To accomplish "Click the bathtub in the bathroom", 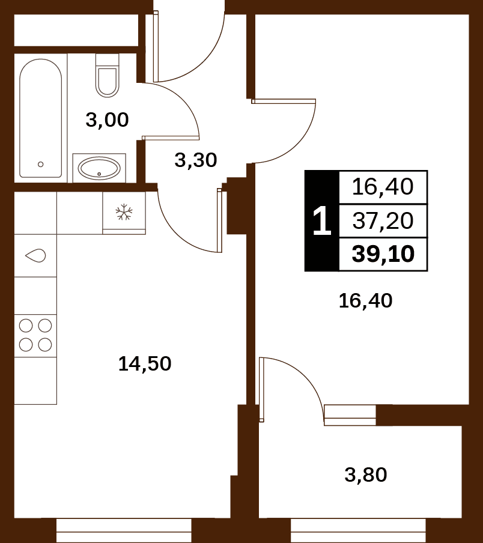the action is pyautogui.click(x=40, y=118).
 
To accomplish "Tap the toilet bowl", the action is pyautogui.click(x=108, y=82).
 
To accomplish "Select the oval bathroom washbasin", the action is pyautogui.click(x=99, y=168).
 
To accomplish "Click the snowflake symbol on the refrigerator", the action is pyautogui.click(x=124, y=212).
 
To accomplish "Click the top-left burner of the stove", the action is pyautogui.click(x=26, y=326).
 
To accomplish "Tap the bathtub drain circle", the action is pyautogui.click(x=40, y=165).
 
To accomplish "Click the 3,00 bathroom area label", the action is pyautogui.click(x=107, y=120).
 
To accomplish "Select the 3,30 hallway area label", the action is pyautogui.click(x=196, y=160).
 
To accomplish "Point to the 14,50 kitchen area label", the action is pyautogui.click(x=145, y=363).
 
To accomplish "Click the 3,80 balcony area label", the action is pyautogui.click(x=366, y=475).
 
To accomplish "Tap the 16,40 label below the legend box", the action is pyautogui.click(x=365, y=300).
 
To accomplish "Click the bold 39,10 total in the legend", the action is pyautogui.click(x=383, y=254).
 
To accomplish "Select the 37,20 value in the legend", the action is pyautogui.click(x=383, y=220).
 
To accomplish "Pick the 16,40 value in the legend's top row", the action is pyautogui.click(x=383, y=187).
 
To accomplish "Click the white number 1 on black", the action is pyautogui.click(x=322, y=220).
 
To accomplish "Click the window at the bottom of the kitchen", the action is pyautogui.click(x=124, y=530).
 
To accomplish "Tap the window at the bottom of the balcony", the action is pyautogui.click(x=359, y=530).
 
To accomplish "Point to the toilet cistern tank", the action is pyautogui.click(x=108, y=61).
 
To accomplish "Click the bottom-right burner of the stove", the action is pyautogui.click(x=45, y=345).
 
